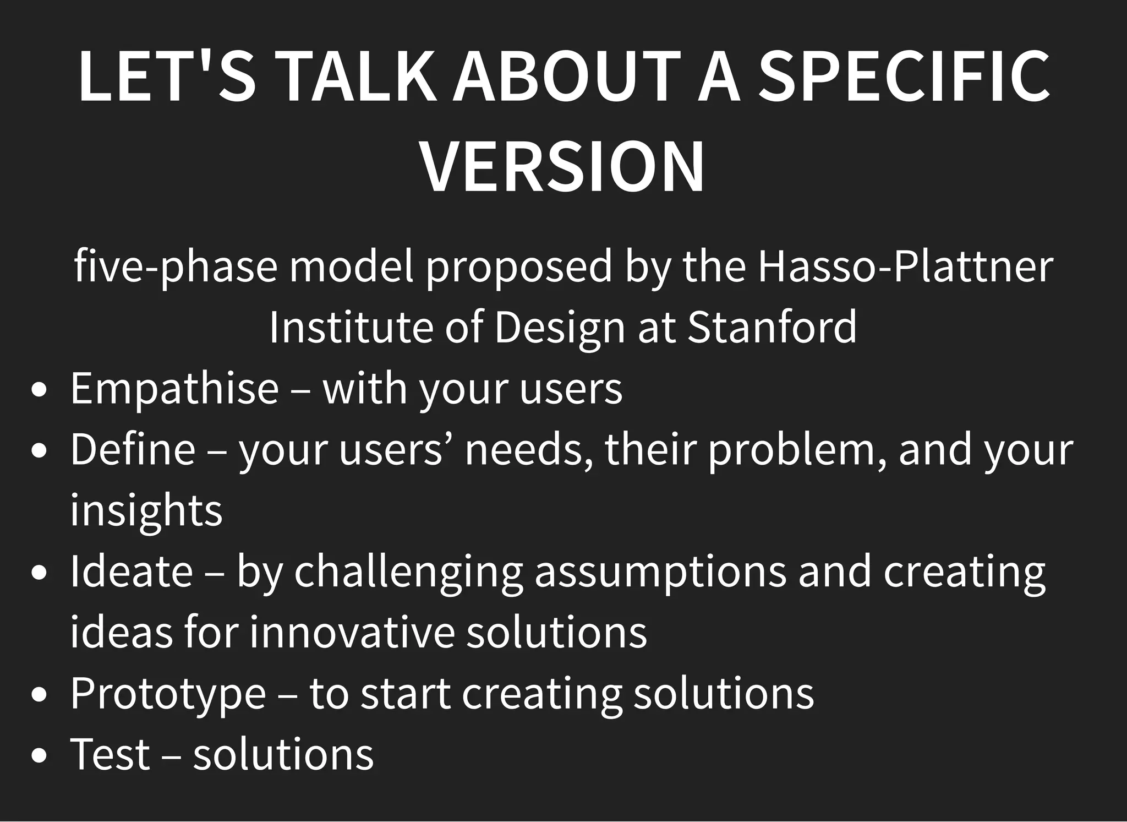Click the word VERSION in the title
[562, 167]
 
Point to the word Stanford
[772, 327]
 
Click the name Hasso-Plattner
[905, 266]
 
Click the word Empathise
[175, 388]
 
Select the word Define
[133, 449]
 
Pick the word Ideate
[132, 571]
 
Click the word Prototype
[168, 693]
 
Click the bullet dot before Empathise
[39, 390]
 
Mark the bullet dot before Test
[39, 756]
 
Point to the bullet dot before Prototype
[39, 695]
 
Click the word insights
[146, 510]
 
